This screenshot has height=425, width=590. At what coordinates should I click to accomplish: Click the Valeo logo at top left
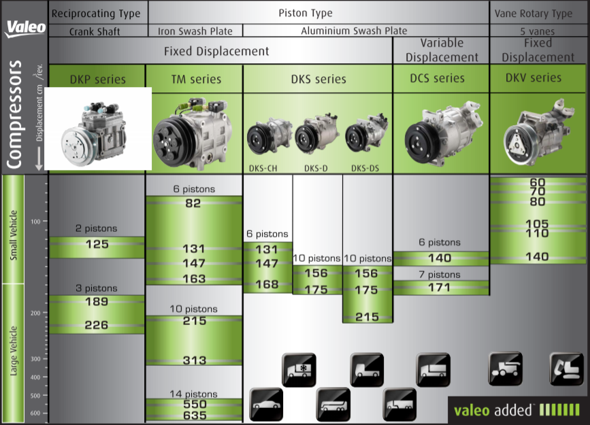pos(26,27)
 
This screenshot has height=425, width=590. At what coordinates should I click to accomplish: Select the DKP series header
pos(97,80)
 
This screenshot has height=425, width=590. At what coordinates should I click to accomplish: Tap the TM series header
pos(196,80)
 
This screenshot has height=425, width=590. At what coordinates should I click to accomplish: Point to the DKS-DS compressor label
pos(365,168)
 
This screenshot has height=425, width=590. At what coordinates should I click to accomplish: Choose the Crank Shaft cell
pos(95,31)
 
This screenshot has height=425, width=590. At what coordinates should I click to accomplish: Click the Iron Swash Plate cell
pos(195,31)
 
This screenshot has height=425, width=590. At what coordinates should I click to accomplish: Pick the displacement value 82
pos(194,203)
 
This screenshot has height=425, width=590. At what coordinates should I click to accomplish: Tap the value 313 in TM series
pos(194,360)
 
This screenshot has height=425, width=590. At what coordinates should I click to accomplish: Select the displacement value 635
pos(194,415)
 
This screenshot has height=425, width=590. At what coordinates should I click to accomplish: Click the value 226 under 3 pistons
pos(97,325)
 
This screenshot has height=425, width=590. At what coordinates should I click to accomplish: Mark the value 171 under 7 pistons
pos(440,287)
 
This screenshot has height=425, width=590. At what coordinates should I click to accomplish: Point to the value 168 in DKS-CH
pos(267,284)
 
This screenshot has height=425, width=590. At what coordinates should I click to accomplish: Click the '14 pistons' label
pos(194,394)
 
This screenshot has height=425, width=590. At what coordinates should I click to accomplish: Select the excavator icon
pos(566,369)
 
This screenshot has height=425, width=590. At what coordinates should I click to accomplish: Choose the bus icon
pos(333,405)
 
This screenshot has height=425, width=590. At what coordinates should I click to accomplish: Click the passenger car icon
pos(266,405)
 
